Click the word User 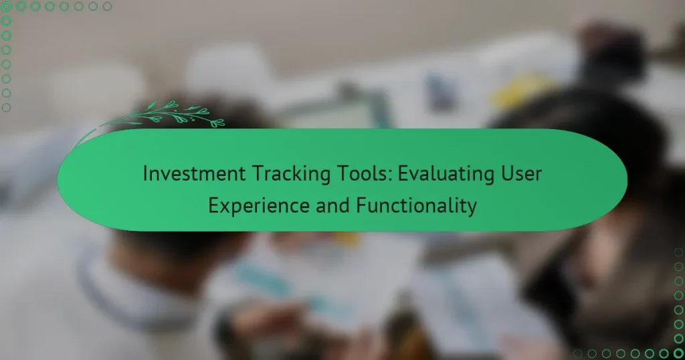(x=521, y=175)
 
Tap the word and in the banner (x=316, y=205)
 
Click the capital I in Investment (x=145, y=175)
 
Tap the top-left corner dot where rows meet (x=7, y=7)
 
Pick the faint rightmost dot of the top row (x=108, y=7)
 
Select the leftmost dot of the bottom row (x=577, y=353)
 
